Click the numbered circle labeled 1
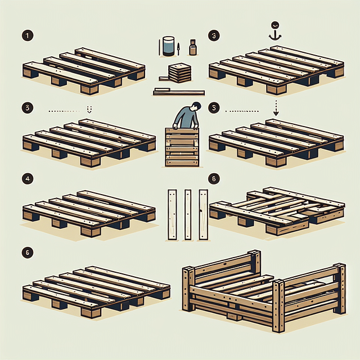point(27,36)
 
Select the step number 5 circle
point(213,107)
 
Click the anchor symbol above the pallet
point(275,35)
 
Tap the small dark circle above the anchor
point(275,25)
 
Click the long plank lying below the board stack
point(179,91)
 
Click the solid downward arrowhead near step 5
point(275,112)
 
